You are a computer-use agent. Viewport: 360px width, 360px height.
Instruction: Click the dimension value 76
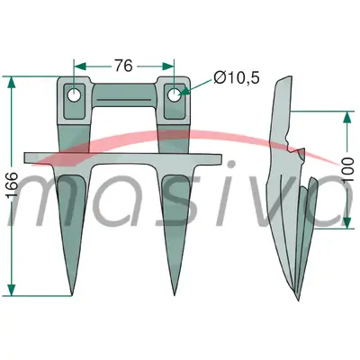(123, 66)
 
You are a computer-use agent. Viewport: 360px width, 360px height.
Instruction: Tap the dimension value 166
(12, 184)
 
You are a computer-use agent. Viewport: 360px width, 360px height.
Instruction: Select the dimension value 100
(347, 168)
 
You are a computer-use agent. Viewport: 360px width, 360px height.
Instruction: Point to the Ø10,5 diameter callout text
(236, 78)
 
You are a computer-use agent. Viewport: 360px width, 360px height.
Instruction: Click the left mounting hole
(74, 95)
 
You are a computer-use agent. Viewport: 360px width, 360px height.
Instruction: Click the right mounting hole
(174, 95)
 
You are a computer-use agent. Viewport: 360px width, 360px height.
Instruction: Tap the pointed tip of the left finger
(71, 295)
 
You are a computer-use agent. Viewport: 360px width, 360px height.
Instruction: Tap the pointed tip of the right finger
(175, 295)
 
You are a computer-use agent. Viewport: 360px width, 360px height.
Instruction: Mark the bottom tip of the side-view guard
(298, 301)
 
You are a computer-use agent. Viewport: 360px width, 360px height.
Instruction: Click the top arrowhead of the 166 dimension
(12, 82)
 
